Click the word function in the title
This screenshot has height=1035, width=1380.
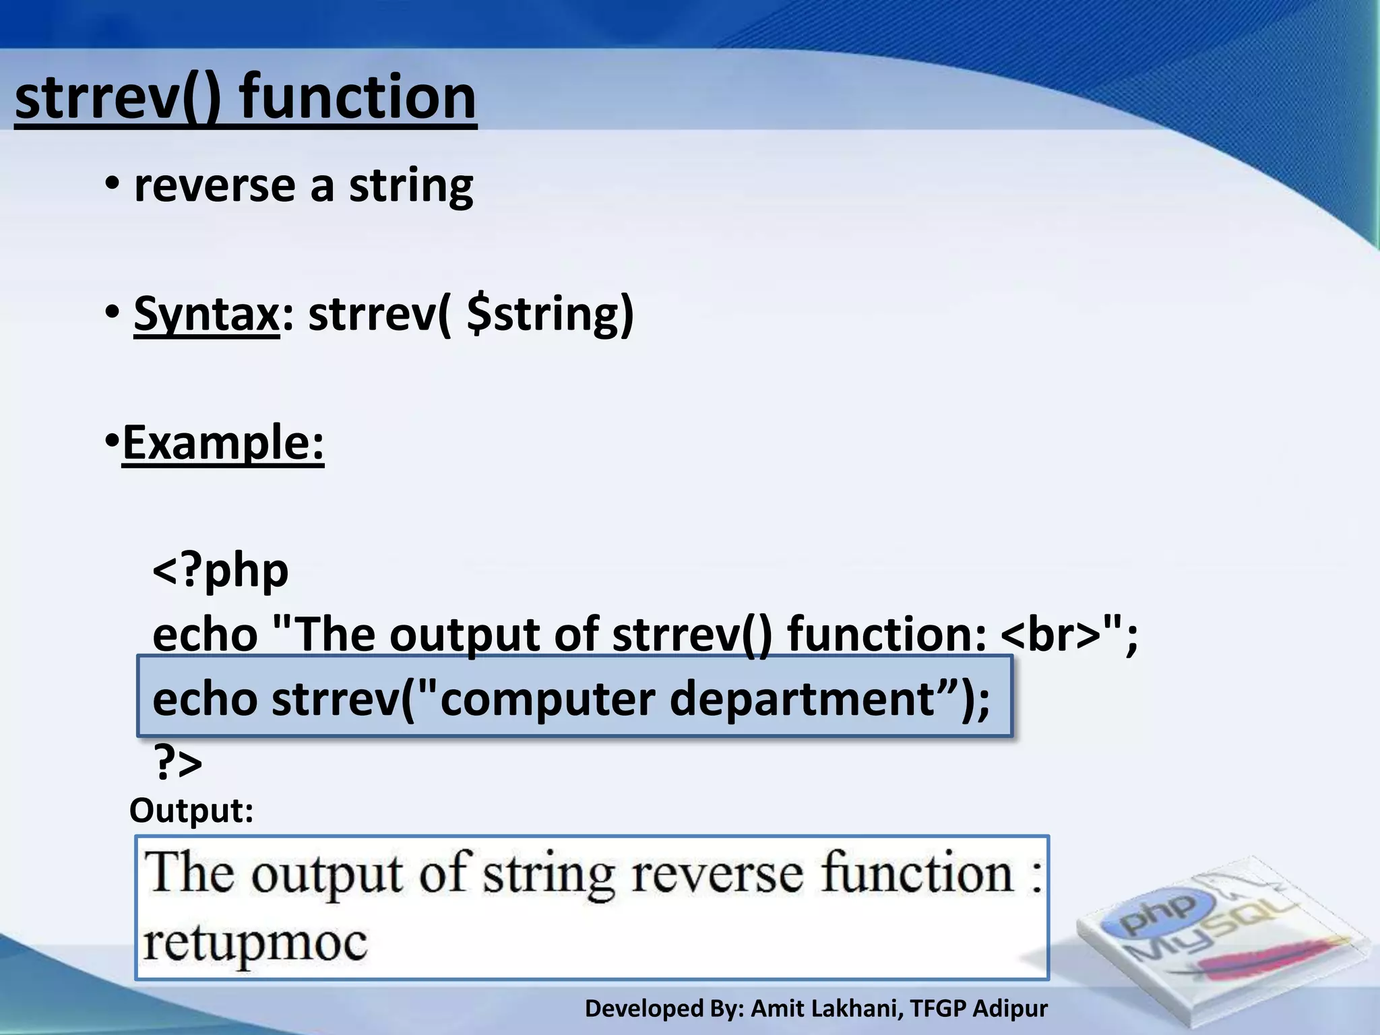point(358,98)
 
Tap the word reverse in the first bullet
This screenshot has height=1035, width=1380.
point(214,186)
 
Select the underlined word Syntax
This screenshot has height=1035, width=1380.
point(206,314)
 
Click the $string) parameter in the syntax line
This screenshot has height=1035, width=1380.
point(550,314)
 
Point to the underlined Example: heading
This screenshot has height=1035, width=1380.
point(223,443)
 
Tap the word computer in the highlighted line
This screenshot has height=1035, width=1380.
point(548,699)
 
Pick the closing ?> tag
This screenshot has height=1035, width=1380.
point(178,763)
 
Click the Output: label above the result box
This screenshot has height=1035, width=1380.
point(191,811)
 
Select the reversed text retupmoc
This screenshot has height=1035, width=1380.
point(255,943)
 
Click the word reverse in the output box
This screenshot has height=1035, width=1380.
point(717,874)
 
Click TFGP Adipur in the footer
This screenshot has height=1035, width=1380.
point(978,1009)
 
